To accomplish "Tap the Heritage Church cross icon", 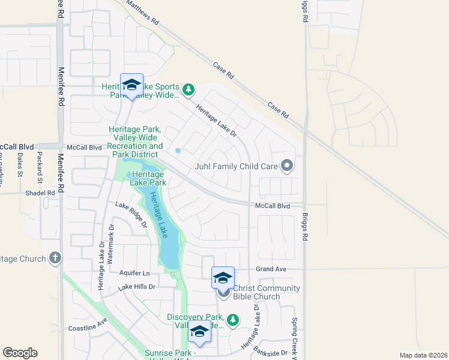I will [55, 259].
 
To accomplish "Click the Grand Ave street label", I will [271, 269].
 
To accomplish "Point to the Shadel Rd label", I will [40, 193].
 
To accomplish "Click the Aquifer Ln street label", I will [133, 273].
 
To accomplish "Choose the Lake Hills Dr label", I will [137, 287].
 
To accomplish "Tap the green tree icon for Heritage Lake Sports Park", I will [188, 90].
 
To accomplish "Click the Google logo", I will [20, 353].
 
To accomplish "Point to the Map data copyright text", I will [423, 355].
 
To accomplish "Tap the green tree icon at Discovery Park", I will [234, 321].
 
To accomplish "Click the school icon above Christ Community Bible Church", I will [223, 278].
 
